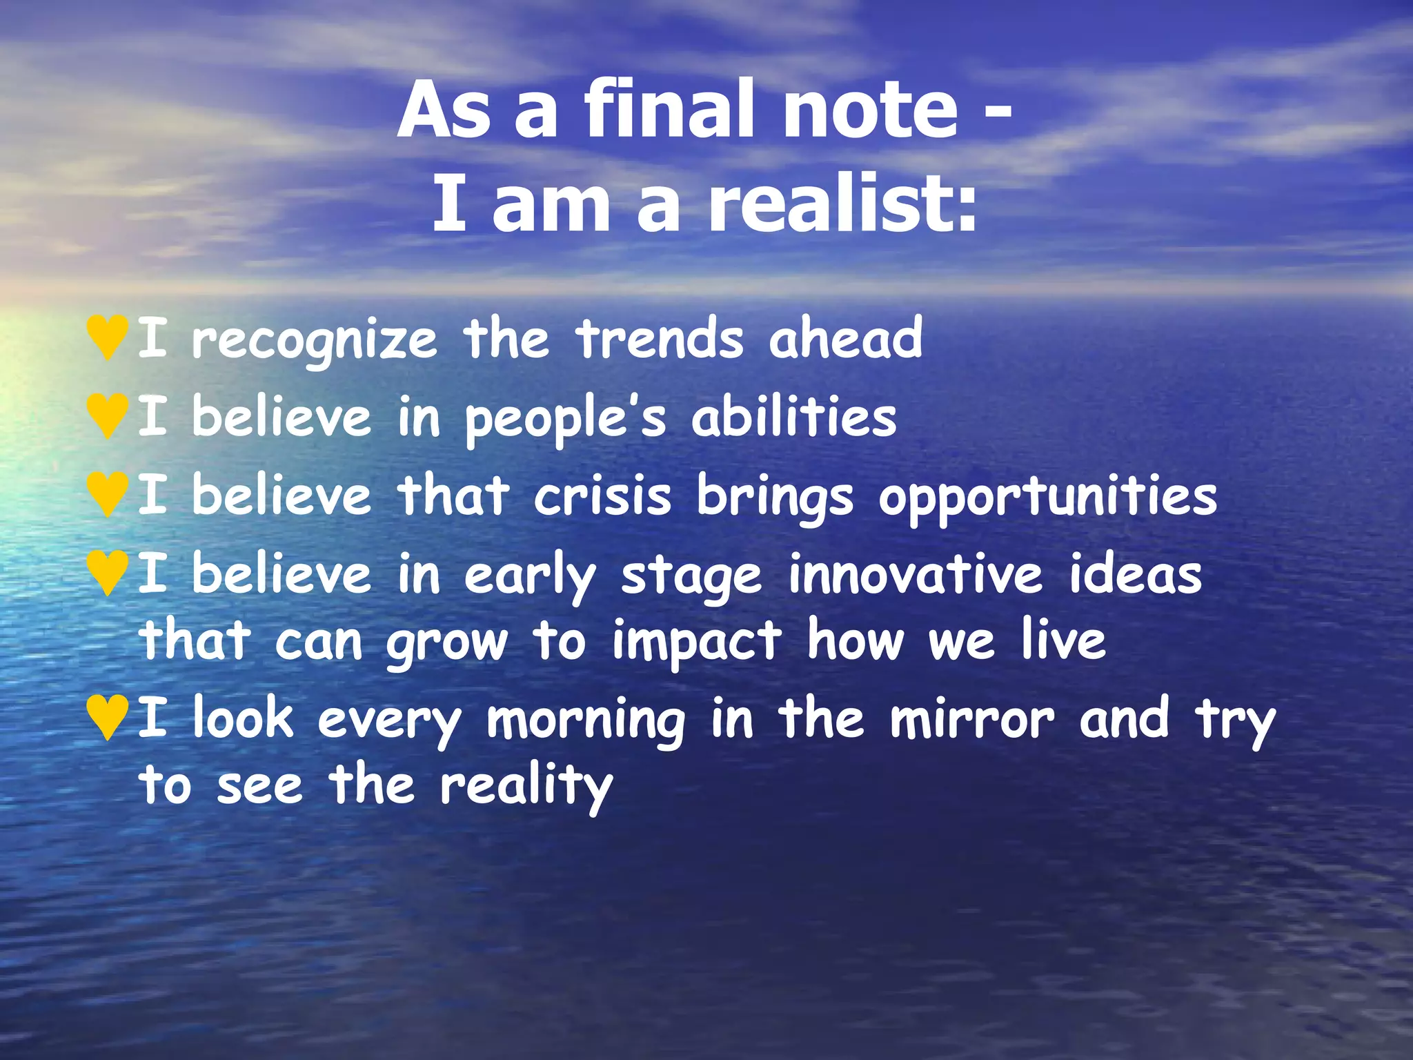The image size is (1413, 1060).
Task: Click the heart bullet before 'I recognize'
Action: [x=108, y=337]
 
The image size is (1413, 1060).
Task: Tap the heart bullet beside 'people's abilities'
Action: [x=108, y=415]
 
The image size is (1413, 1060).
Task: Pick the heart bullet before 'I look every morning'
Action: [x=108, y=718]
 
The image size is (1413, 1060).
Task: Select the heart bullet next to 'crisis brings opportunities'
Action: [x=108, y=493]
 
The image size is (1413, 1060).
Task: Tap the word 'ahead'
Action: [x=845, y=338]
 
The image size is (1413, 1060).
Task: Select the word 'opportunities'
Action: [x=1047, y=497]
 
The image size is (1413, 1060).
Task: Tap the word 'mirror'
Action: [x=971, y=719]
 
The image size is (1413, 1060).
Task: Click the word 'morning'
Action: [x=586, y=722]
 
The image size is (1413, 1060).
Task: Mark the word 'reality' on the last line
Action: [x=526, y=787]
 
